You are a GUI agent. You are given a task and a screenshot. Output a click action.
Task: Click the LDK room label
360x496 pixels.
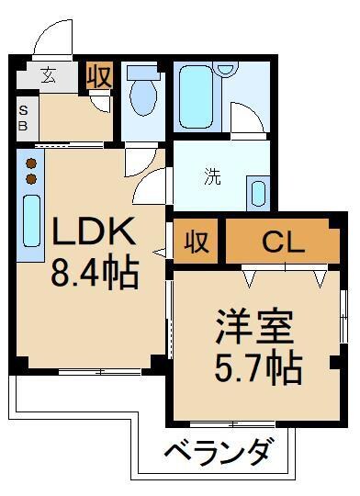pyautogui.click(x=93, y=234)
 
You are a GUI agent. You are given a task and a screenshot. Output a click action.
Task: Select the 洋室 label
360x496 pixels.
pyautogui.click(x=254, y=327)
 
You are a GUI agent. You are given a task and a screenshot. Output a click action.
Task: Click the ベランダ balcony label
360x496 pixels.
pyautogui.click(x=220, y=452)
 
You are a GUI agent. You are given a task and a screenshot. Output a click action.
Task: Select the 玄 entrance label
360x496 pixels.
pyautogui.click(x=48, y=75)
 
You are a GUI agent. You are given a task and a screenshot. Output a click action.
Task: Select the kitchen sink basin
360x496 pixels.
pyautogui.click(x=30, y=221)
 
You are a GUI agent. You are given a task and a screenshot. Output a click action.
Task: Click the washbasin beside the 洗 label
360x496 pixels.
pyautogui.click(x=258, y=194)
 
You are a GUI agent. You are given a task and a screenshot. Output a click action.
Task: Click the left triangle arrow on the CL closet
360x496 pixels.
pyautogui.click(x=248, y=275)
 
